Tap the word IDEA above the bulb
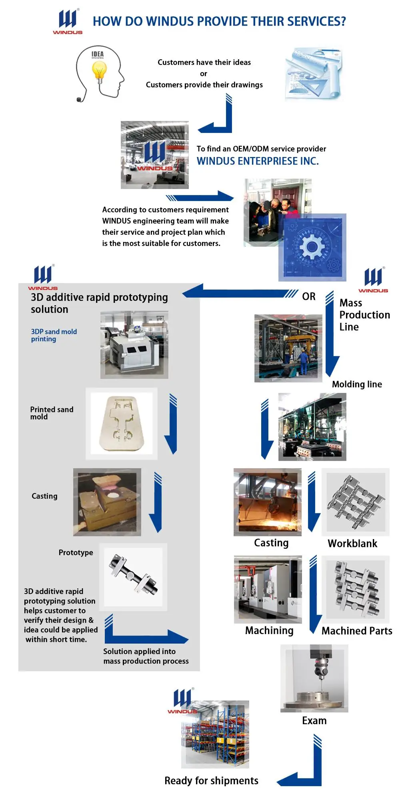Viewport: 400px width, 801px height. pos(98,54)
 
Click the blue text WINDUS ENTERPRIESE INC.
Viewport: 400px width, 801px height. pos(258,161)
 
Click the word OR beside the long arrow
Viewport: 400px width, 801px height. pos(309,296)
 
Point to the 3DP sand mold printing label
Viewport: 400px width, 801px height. pos(54,335)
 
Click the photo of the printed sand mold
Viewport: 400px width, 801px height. pos(122,423)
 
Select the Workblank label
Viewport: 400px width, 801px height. pos(352,543)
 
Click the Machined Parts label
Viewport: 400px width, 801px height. pos(357,631)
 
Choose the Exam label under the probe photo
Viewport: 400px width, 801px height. pos(314,720)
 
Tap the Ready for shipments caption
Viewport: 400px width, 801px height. pos(211,781)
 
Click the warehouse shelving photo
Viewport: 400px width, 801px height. pos(215,735)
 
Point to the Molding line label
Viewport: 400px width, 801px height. pos(357,384)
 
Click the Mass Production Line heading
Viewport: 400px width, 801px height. pos(364,315)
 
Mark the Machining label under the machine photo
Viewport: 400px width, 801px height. pos(269,631)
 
